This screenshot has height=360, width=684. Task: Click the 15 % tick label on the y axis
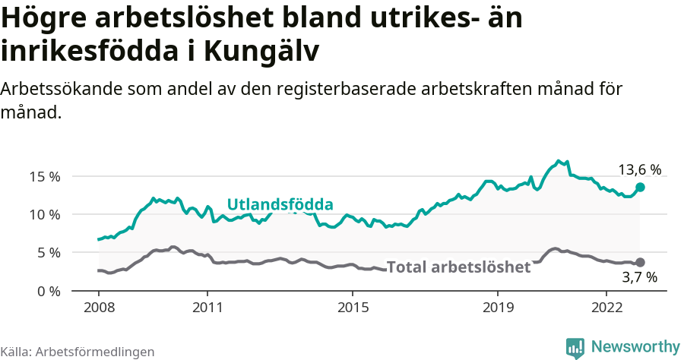(x=44, y=176)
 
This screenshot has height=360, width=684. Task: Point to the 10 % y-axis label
(x=44, y=214)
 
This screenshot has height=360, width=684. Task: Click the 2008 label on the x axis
(x=99, y=308)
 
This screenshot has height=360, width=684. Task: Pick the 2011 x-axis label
(x=207, y=308)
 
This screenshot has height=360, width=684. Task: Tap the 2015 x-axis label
(x=352, y=308)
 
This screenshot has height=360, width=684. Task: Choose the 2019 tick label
(x=497, y=308)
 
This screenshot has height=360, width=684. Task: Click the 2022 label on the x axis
(x=606, y=308)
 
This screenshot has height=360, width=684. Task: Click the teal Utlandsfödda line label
(x=280, y=204)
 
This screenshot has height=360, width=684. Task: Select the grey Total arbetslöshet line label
(x=458, y=267)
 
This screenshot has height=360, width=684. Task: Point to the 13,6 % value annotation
(x=638, y=170)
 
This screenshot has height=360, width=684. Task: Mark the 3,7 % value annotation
(x=638, y=277)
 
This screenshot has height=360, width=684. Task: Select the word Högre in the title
(x=46, y=18)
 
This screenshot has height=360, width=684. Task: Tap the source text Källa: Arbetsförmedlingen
(x=78, y=352)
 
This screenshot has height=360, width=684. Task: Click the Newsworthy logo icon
(x=575, y=347)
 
